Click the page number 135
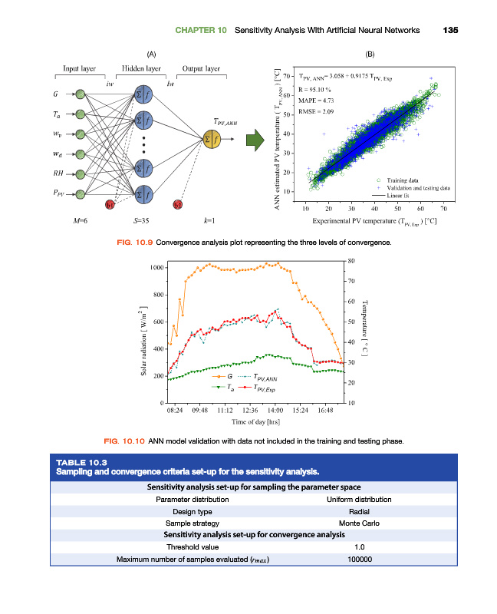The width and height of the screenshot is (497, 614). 450,30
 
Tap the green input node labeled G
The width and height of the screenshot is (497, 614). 80,94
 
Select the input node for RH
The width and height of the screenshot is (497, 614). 80,175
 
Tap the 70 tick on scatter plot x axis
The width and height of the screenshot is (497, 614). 444,208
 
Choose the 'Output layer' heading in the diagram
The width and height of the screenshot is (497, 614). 201,68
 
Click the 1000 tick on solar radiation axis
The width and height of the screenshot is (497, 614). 157,267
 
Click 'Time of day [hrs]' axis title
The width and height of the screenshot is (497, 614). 255,421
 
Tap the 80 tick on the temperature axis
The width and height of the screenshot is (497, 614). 351,261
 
